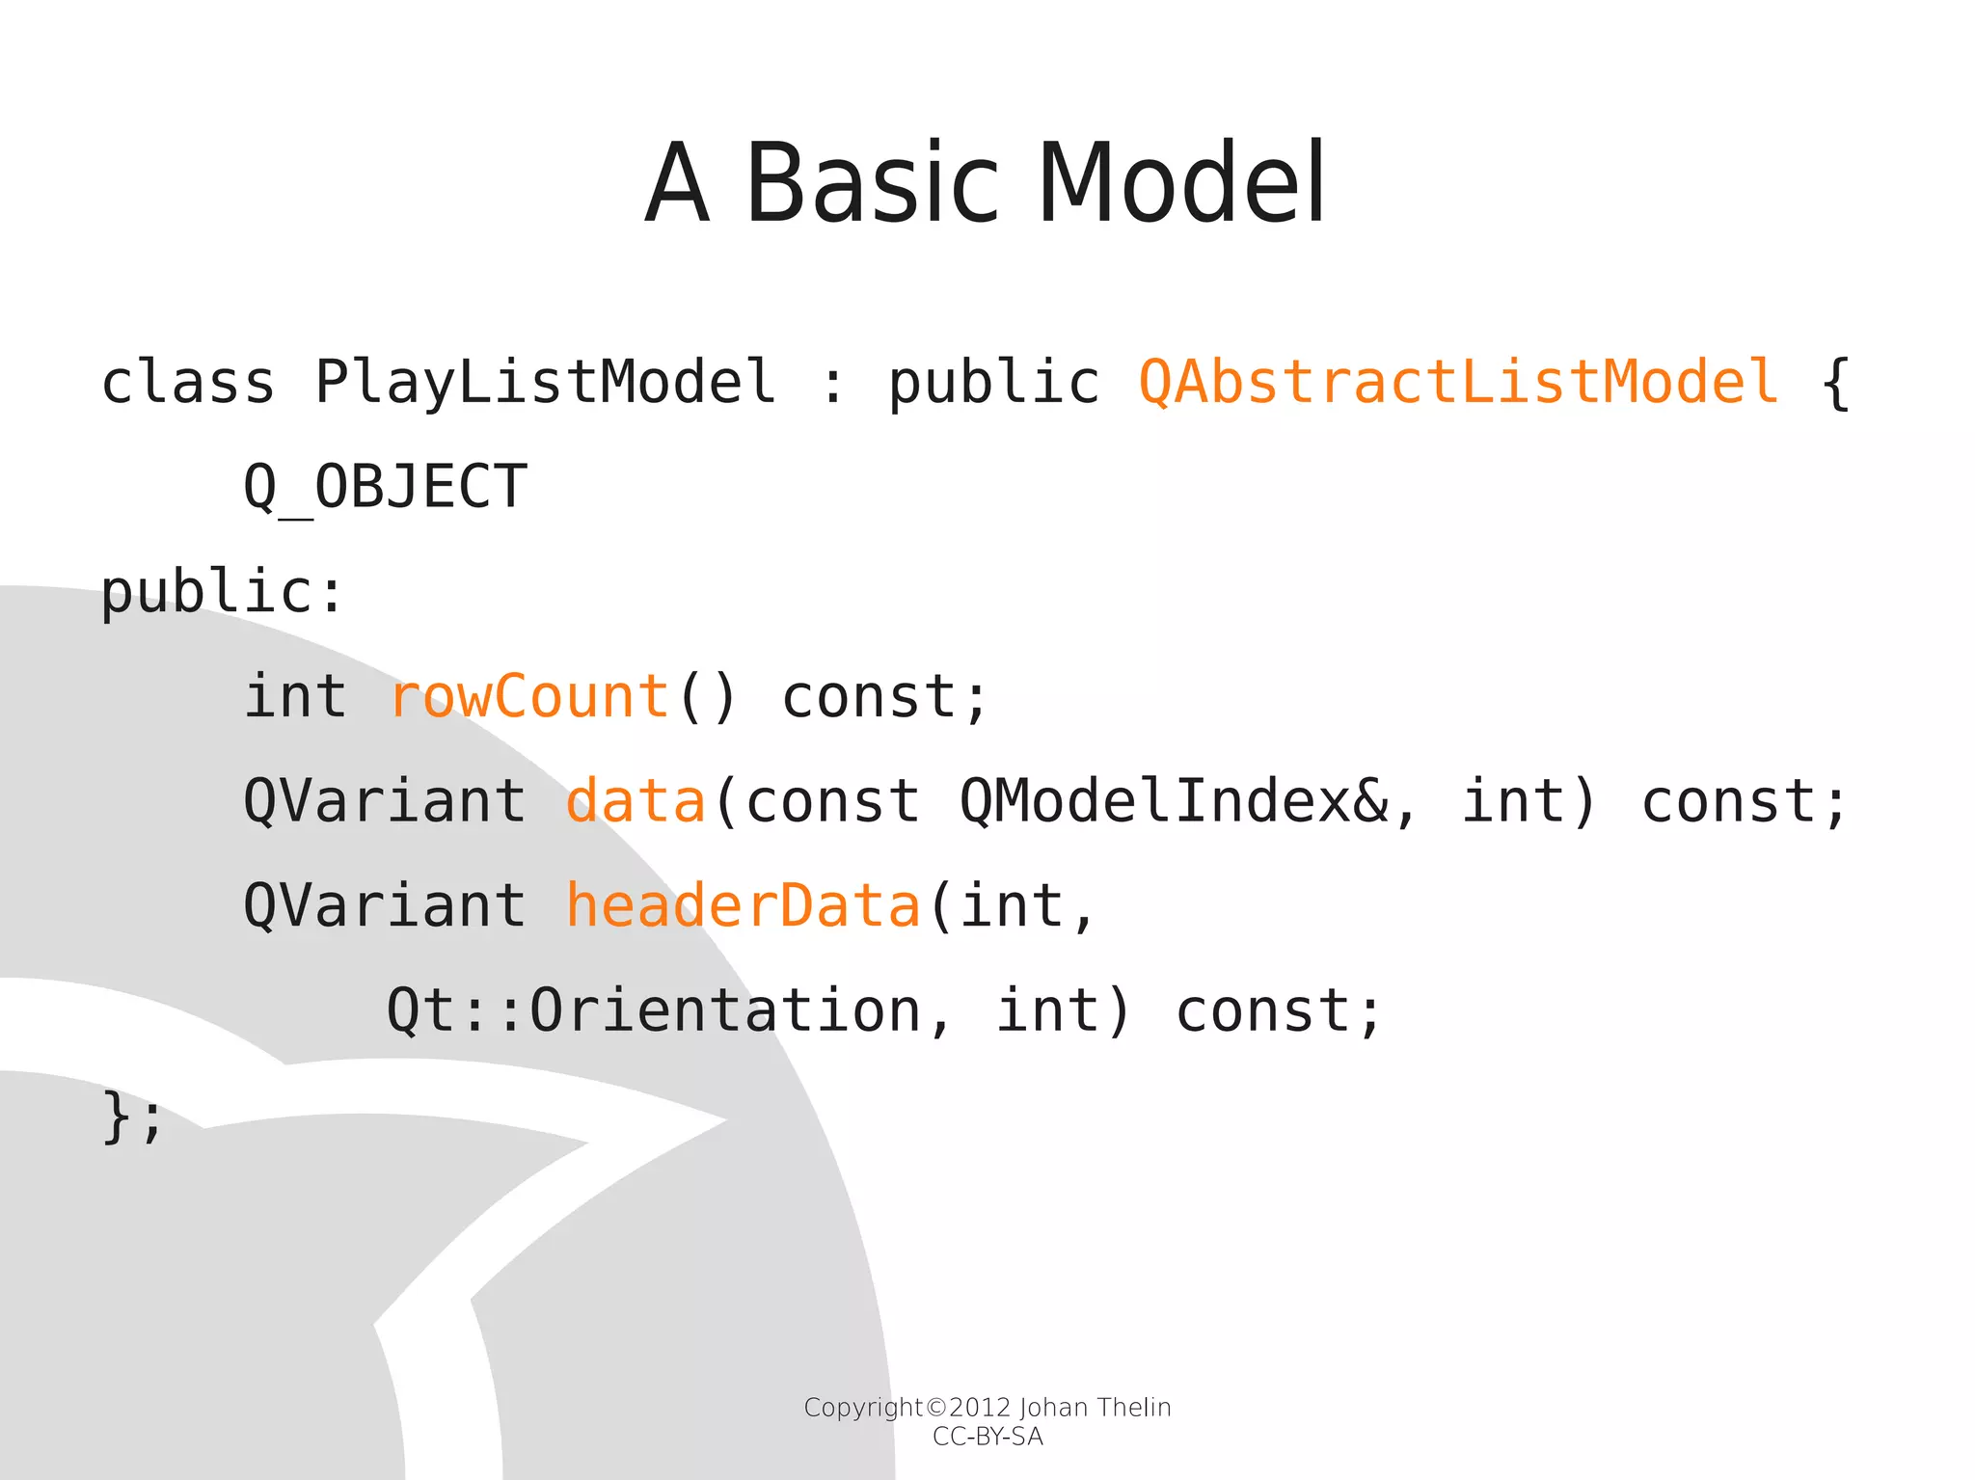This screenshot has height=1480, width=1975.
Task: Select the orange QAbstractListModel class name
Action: (1458, 382)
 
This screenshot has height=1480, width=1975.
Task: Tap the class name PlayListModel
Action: (545, 382)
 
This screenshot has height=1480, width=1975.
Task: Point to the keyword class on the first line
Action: (188, 382)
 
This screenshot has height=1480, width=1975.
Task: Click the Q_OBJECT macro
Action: (385, 487)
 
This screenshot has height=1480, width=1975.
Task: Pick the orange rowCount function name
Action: (528, 696)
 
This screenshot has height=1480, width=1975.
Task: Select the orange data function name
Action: (636, 801)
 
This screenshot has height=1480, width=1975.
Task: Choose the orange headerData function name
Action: (743, 906)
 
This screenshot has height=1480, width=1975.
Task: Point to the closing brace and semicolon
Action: (132, 1117)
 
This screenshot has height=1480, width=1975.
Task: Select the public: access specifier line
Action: (222, 591)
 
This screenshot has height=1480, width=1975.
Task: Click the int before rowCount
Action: (295, 696)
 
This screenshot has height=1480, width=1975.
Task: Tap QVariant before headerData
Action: (385, 906)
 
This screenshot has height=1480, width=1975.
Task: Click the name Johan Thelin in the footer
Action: (1095, 1408)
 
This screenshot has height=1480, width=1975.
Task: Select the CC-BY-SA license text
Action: (987, 1438)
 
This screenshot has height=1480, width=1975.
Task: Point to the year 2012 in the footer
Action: (980, 1408)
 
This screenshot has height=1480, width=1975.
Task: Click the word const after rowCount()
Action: (868, 696)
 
